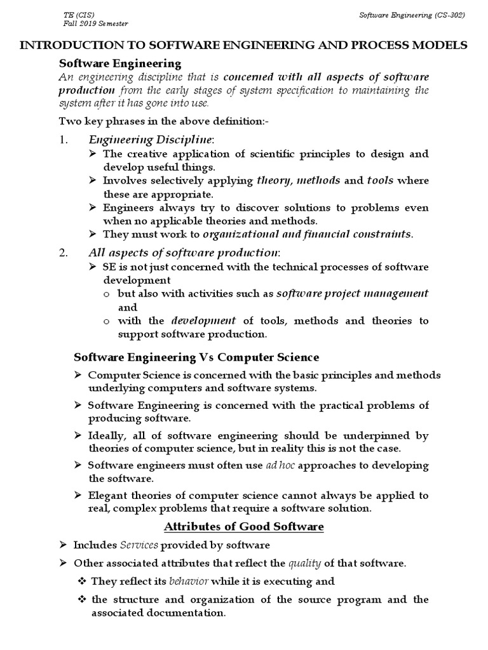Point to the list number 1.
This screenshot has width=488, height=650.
(63, 140)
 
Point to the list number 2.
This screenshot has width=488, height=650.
(63, 253)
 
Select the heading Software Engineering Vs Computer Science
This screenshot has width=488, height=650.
(197, 357)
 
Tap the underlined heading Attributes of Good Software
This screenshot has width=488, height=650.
(244, 526)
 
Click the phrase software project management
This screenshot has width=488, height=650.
(353, 293)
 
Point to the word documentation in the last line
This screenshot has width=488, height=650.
(189, 613)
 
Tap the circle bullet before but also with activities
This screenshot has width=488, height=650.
(106, 295)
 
